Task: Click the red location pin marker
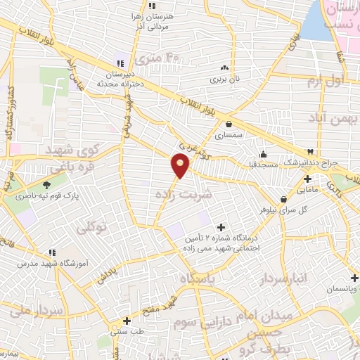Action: (x=181, y=165)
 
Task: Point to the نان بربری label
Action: (x=224, y=79)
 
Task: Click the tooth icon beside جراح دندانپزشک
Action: (x=310, y=152)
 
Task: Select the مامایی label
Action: (x=307, y=189)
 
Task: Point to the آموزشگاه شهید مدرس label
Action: (x=46, y=262)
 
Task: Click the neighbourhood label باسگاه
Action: (x=198, y=278)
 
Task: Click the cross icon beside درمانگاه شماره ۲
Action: (x=222, y=226)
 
